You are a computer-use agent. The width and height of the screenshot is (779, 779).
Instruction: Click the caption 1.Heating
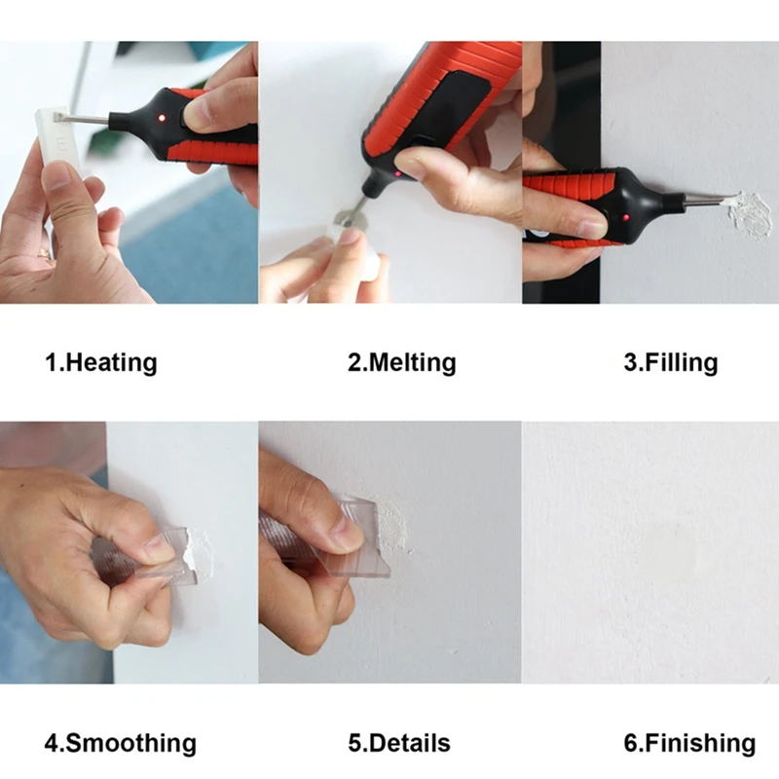click(100, 363)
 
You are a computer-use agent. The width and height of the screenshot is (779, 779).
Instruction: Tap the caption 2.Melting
click(401, 363)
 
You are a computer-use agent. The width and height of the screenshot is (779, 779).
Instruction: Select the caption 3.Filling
click(670, 363)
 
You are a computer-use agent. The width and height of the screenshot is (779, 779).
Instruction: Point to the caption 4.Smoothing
click(120, 743)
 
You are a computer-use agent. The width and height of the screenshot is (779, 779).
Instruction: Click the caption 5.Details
click(399, 743)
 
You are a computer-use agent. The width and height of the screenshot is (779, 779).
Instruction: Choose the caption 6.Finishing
click(688, 743)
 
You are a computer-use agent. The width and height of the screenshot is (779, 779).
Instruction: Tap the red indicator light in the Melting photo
click(397, 175)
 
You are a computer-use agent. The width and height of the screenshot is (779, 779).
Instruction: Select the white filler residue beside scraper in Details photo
click(394, 531)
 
